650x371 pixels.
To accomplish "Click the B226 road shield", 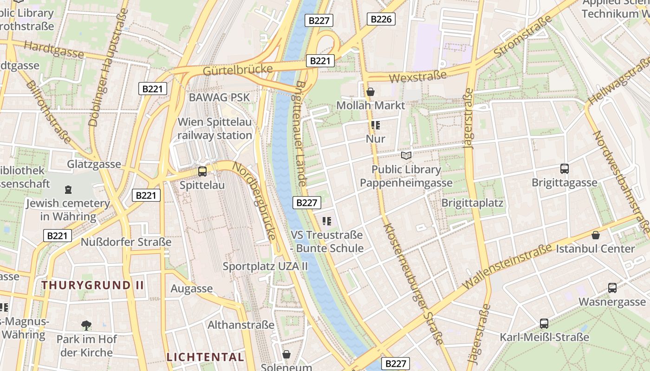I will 381,19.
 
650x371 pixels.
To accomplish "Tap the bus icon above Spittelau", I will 202,172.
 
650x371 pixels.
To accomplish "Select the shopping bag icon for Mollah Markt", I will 370,92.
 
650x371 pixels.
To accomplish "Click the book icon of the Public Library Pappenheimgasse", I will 406,155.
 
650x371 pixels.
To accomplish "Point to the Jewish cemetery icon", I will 68,190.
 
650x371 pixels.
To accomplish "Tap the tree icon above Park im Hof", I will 86,325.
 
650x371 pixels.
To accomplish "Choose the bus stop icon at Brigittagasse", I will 565,169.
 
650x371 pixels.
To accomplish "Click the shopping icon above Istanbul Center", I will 595,235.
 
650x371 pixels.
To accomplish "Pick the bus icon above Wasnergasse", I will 612,288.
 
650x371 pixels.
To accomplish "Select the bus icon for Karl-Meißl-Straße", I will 544,324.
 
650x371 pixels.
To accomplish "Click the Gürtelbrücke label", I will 238,70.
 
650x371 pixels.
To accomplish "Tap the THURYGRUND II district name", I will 93,285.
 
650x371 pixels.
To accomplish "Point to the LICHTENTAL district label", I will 205,357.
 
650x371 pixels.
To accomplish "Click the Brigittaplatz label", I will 472,203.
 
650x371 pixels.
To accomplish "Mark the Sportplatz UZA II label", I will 265,266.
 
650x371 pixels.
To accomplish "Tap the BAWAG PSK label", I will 219,97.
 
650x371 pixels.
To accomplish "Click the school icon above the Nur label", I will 375,125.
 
